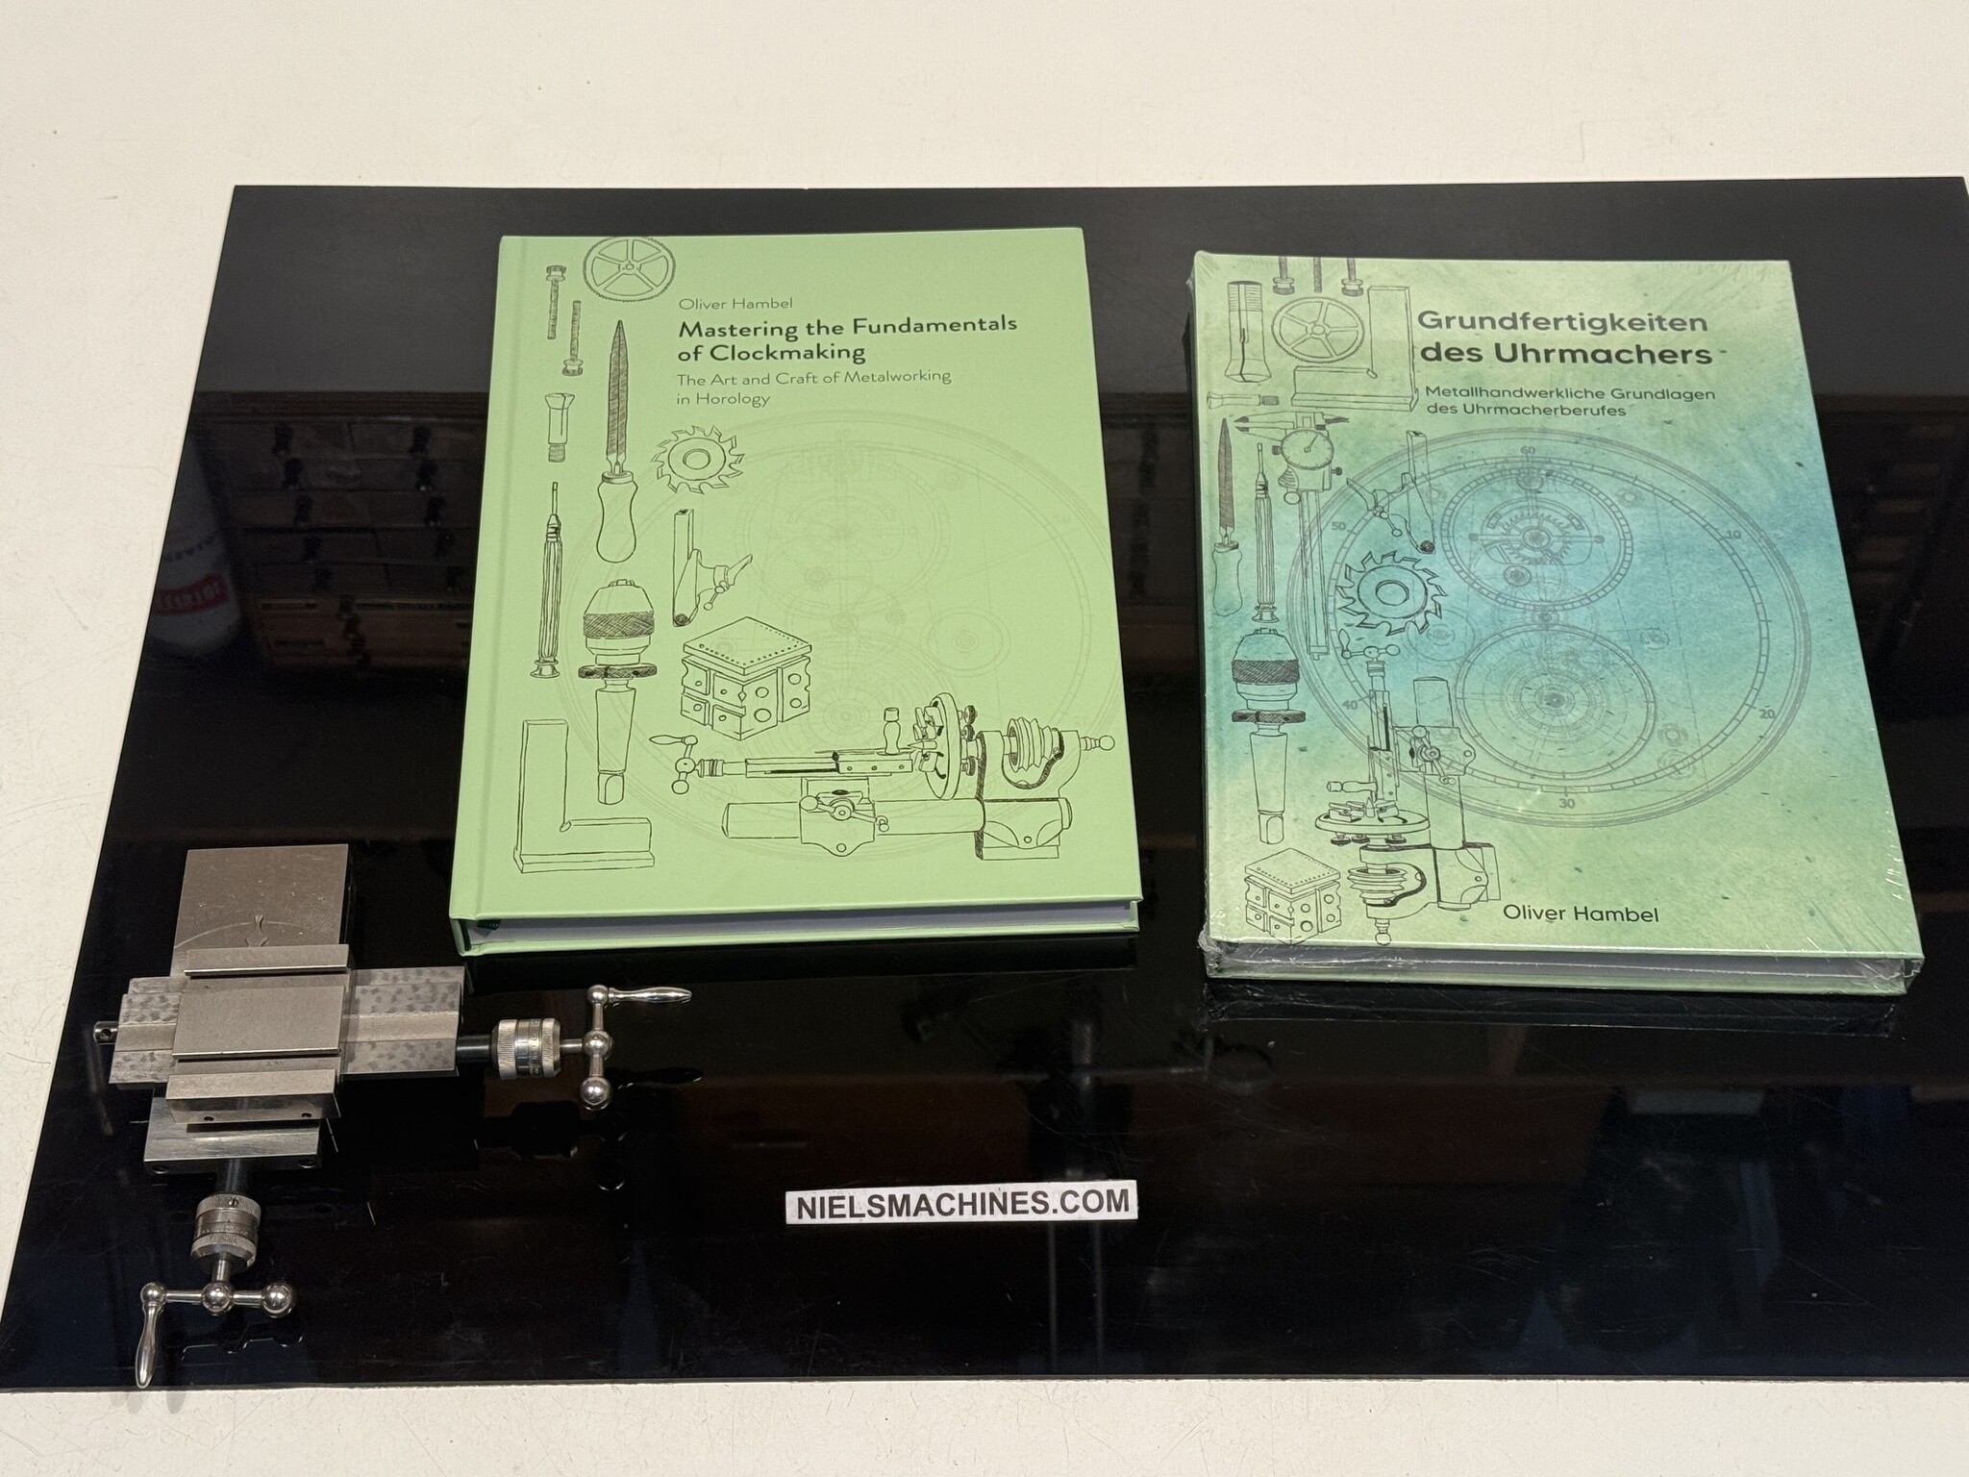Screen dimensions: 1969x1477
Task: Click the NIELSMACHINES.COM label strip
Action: [958, 1203]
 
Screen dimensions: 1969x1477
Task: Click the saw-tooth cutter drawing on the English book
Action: [688, 470]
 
